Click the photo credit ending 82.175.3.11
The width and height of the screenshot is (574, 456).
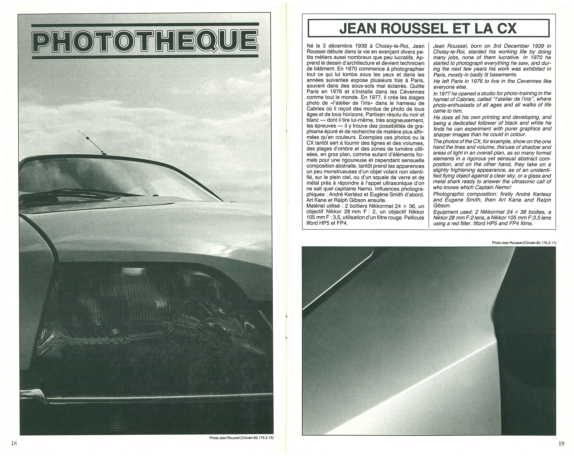coord(524,243)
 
